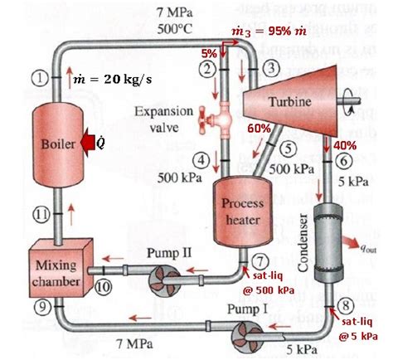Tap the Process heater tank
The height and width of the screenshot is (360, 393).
point(240,210)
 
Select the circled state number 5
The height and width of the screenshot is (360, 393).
point(288,149)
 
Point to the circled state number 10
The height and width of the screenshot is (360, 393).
point(103,287)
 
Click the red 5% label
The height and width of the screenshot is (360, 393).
point(208,52)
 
